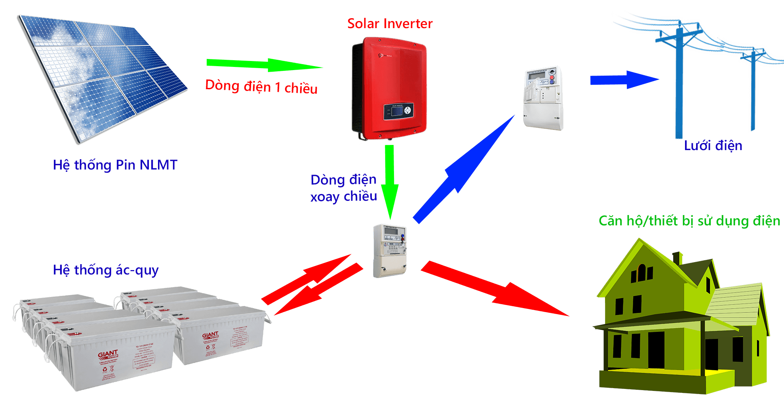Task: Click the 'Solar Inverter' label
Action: [390, 24]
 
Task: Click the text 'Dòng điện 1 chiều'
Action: [261, 87]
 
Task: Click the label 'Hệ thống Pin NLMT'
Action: [115, 165]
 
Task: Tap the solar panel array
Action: [103, 75]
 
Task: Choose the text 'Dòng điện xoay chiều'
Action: [343, 188]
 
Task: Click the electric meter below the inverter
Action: [390, 250]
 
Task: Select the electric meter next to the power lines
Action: [543, 98]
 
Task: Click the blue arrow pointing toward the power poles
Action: [624, 80]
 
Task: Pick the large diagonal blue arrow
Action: [463, 170]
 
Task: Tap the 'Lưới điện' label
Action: [713, 146]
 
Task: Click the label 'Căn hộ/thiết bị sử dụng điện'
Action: [689, 221]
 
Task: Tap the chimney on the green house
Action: [677, 258]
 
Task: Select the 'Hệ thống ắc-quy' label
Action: [106, 270]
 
